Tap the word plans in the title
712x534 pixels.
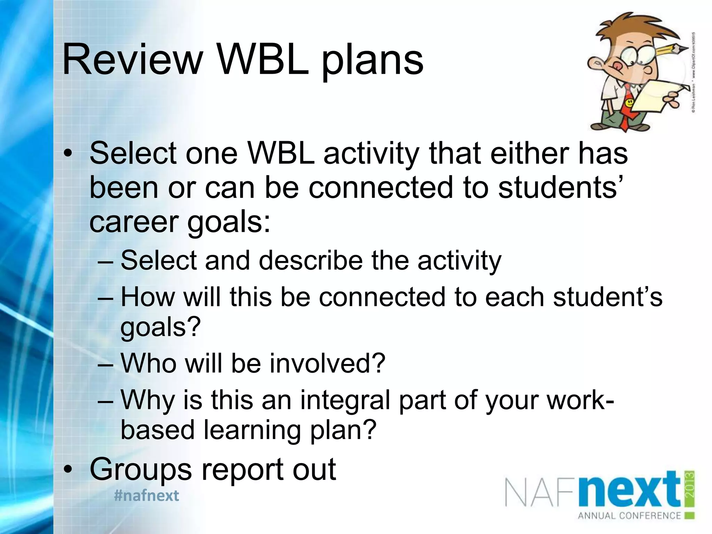(372, 63)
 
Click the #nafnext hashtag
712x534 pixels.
(146, 495)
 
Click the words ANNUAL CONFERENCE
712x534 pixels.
(629, 516)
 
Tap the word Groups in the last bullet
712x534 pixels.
(140, 469)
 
